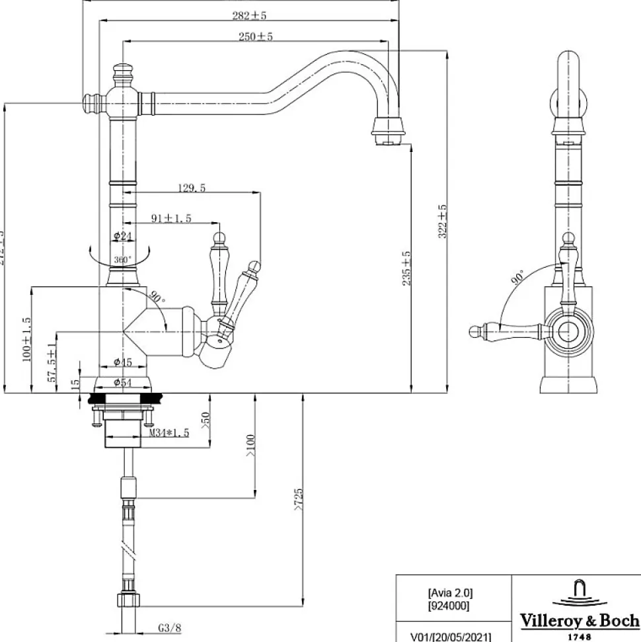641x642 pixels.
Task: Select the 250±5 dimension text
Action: point(255,37)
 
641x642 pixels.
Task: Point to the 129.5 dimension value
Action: point(192,188)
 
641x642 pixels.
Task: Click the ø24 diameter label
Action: point(123,236)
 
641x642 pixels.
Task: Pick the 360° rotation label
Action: point(122,260)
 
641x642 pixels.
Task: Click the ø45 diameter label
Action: point(123,362)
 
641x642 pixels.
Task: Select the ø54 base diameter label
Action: point(124,382)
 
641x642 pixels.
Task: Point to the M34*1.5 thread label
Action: point(169,433)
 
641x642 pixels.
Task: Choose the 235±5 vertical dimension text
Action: point(407,267)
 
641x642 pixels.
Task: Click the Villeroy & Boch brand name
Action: point(579,620)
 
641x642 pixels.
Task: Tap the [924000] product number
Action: point(450,605)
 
